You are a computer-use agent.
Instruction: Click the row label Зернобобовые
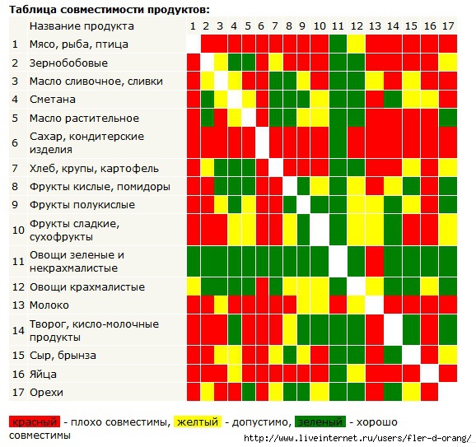(x=68, y=63)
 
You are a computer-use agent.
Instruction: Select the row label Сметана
(x=53, y=100)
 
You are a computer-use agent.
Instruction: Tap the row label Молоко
(x=49, y=305)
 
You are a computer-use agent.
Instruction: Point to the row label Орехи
(x=46, y=393)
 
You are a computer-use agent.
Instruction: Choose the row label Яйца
(x=43, y=374)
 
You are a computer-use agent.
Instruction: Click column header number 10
(x=320, y=26)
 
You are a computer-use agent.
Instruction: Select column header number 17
(x=448, y=26)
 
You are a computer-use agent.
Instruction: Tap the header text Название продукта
(x=82, y=26)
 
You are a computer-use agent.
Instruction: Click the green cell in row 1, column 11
(x=338, y=44)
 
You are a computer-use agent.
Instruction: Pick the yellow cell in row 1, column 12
(x=356, y=44)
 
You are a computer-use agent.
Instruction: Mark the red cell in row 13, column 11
(x=338, y=305)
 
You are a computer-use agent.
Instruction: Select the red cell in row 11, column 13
(x=375, y=261)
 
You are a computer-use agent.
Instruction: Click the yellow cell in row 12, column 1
(x=194, y=286)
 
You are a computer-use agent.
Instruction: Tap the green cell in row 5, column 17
(x=448, y=118)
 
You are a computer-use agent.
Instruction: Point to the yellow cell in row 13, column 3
(x=221, y=305)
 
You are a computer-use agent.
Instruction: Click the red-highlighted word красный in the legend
(x=35, y=421)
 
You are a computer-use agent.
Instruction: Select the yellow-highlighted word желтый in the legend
(x=198, y=421)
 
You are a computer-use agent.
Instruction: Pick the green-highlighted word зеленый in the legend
(x=320, y=421)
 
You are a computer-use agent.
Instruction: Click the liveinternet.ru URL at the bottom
(x=357, y=438)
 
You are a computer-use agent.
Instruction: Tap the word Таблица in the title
(x=33, y=10)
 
